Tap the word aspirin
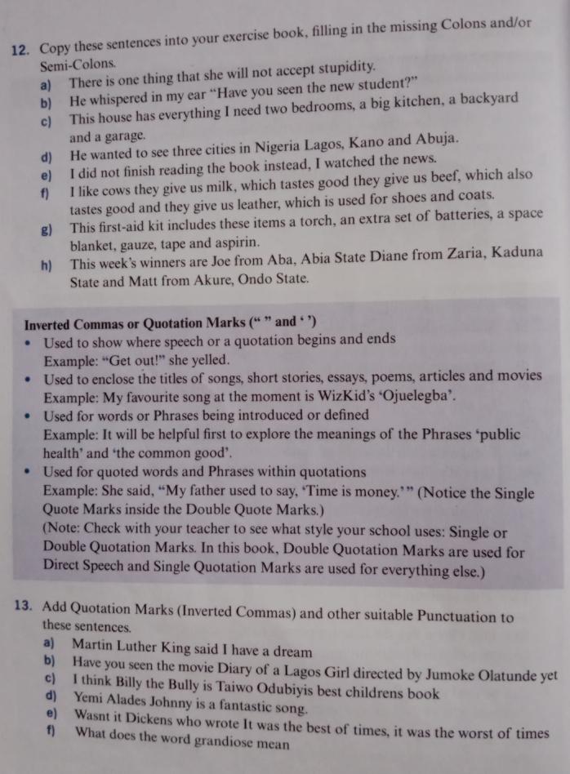coord(236,242)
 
